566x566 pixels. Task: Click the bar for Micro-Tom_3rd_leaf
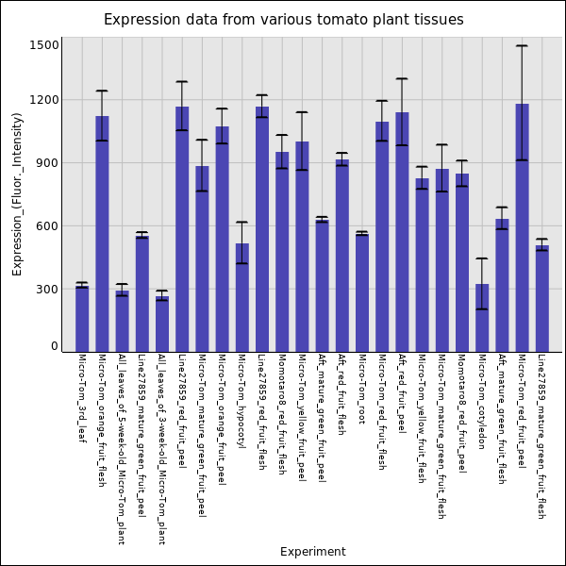[x=82, y=319]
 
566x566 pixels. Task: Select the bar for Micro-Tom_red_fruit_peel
[x=522, y=227]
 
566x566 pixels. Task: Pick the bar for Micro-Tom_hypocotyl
[x=242, y=297]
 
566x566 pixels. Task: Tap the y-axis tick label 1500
[x=44, y=45]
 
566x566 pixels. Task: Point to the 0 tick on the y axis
[x=54, y=347]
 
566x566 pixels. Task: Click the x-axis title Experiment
[x=313, y=552]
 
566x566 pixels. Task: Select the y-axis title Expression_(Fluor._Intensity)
[x=17, y=193]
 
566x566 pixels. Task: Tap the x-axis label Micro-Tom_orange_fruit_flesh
[x=102, y=421]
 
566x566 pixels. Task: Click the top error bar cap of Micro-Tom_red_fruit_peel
[x=522, y=45]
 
